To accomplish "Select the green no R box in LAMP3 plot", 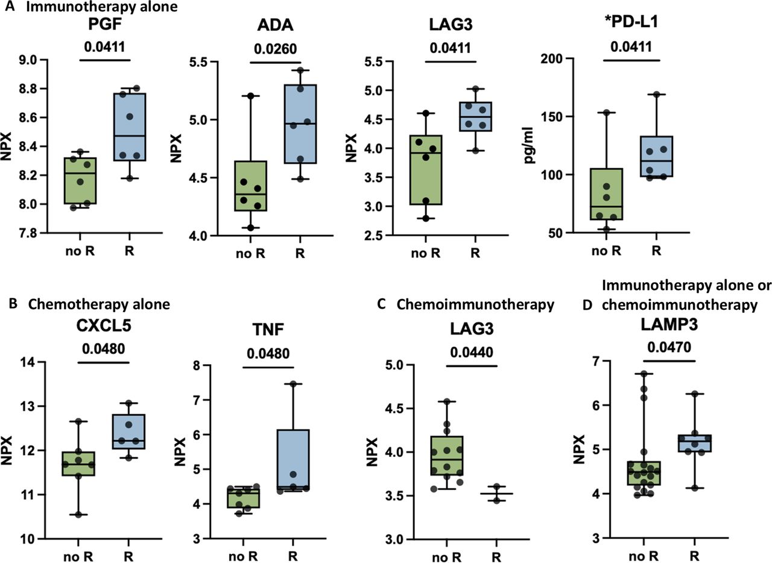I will pos(644,473).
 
